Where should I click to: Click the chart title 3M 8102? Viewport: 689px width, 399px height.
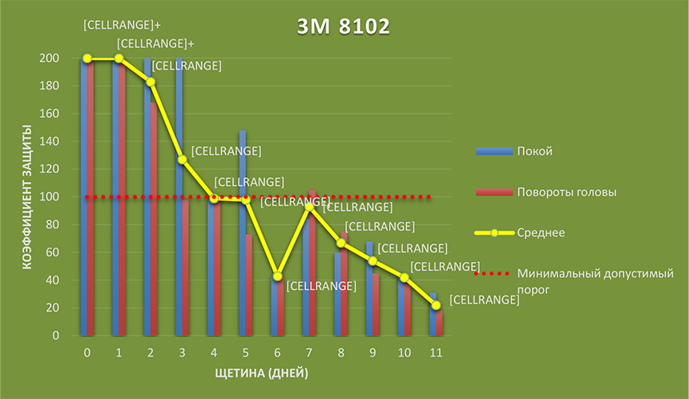(x=343, y=26)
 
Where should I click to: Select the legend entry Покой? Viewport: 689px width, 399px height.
(x=535, y=151)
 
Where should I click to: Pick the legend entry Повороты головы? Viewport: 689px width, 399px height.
(x=566, y=192)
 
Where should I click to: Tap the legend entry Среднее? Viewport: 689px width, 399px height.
(x=542, y=233)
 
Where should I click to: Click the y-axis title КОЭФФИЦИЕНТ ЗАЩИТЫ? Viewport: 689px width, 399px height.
(x=26, y=196)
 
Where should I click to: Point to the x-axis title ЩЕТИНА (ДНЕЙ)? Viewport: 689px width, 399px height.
(x=261, y=373)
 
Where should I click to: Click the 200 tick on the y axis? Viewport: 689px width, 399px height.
(x=49, y=58)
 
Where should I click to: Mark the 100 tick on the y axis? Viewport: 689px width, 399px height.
(x=49, y=197)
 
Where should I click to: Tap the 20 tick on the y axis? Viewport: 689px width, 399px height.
(x=52, y=308)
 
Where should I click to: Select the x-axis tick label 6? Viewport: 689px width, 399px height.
(x=277, y=352)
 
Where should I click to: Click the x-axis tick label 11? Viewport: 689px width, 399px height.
(x=436, y=352)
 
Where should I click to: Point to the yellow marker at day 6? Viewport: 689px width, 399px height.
(x=277, y=276)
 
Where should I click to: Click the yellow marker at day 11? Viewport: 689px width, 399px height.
(x=436, y=305)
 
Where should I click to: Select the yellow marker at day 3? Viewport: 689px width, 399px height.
(x=182, y=159)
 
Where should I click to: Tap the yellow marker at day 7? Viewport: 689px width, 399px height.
(x=309, y=207)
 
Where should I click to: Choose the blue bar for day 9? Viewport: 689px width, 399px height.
(x=369, y=288)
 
